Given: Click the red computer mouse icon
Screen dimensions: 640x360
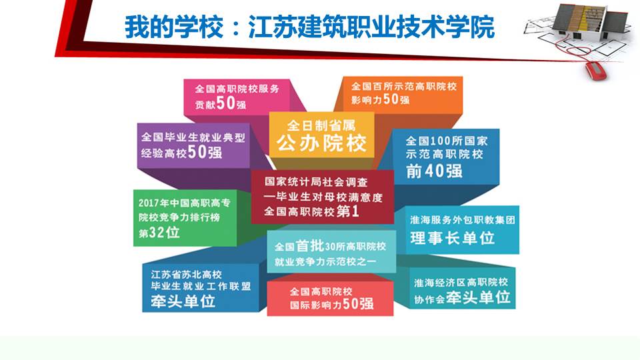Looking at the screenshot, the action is click(596, 70).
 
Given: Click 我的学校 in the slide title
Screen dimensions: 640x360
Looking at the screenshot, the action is click(174, 27).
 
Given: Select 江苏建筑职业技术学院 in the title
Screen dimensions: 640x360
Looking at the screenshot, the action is click(371, 27).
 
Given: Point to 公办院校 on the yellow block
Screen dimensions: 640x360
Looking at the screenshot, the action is click(321, 143).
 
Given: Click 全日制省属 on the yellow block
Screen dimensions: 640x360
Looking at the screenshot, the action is click(321, 125).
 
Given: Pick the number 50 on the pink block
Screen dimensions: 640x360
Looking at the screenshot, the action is click(226, 103).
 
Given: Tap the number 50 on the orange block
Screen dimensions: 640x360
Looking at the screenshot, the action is click(391, 99).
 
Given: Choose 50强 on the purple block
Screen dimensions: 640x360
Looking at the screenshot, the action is click(205, 152).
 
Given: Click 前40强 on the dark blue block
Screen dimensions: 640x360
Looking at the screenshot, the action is click(434, 171).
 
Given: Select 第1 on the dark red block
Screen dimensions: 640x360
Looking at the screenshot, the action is click(348, 211).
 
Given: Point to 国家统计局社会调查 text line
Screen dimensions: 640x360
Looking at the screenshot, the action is click(316, 181).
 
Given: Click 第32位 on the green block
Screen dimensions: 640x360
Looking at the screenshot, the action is click(159, 233).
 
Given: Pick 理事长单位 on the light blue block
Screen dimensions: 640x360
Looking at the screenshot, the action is click(453, 238).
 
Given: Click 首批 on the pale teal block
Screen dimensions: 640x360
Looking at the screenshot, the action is click(309, 246).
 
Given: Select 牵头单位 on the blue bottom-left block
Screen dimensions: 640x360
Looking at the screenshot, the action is click(183, 301).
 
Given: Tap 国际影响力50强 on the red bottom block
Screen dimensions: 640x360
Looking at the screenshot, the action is click(331, 304).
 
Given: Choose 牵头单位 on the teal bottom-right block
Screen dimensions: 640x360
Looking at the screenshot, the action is click(479, 297).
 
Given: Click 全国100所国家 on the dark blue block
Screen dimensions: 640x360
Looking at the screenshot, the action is click(447, 141).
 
